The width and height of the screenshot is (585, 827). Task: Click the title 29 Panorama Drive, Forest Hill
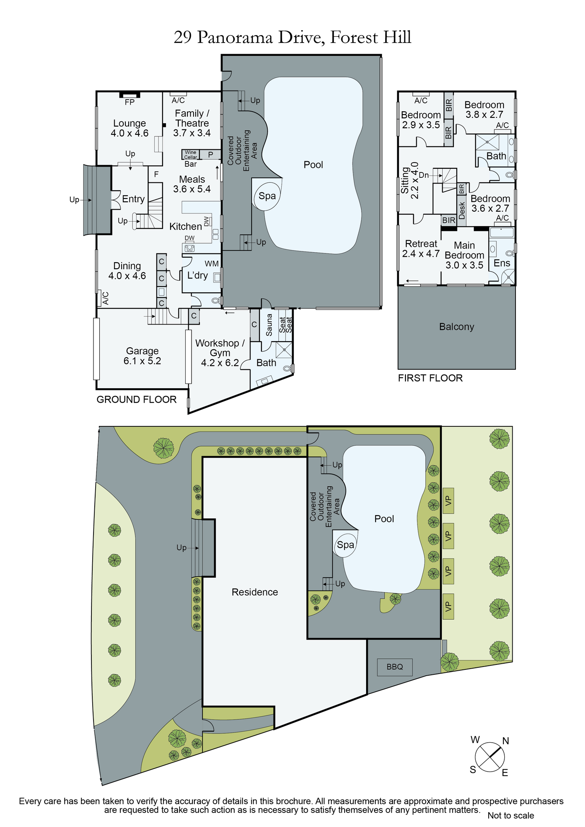pyautogui.click(x=292, y=38)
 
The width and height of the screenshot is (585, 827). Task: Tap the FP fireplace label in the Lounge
pyautogui.click(x=129, y=102)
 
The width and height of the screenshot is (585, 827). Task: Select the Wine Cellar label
pyautogui.click(x=191, y=155)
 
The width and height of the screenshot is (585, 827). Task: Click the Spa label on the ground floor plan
pyautogui.click(x=267, y=196)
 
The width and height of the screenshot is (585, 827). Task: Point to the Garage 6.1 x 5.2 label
pyautogui.click(x=142, y=356)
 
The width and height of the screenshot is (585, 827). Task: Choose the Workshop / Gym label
pyautogui.click(x=220, y=353)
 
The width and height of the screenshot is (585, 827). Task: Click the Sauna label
pyautogui.click(x=269, y=325)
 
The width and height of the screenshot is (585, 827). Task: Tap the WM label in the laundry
pyautogui.click(x=211, y=264)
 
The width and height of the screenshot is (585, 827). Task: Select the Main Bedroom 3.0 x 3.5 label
pyautogui.click(x=464, y=255)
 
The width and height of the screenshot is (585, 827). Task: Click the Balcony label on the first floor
pyautogui.click(x=457, y=327)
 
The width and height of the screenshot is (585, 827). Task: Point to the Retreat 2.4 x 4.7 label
pyautogui.click(x=421, y=249)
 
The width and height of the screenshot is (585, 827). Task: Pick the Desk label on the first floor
pyautogui.click(x=462, y=210)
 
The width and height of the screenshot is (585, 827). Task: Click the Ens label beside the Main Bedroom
pyautogui.click(x=502, y=263)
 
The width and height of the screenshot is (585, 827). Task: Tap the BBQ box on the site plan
pyautogui.click(x=395, y=667)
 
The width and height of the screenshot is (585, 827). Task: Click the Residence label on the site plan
pyautogui.click(x=255, y=592)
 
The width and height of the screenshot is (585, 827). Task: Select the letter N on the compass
pyautogui.click(x=506, y=741)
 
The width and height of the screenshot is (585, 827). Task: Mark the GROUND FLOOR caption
pyautogui.click(x=137, y=399)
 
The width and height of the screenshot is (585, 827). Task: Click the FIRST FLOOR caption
pyautogui.click(x=430, y=378)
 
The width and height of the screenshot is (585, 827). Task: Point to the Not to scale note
pyautogui.click(x=511, y=815)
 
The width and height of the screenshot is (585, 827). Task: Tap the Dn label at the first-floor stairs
pyautogui.click(x=424, y=175)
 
